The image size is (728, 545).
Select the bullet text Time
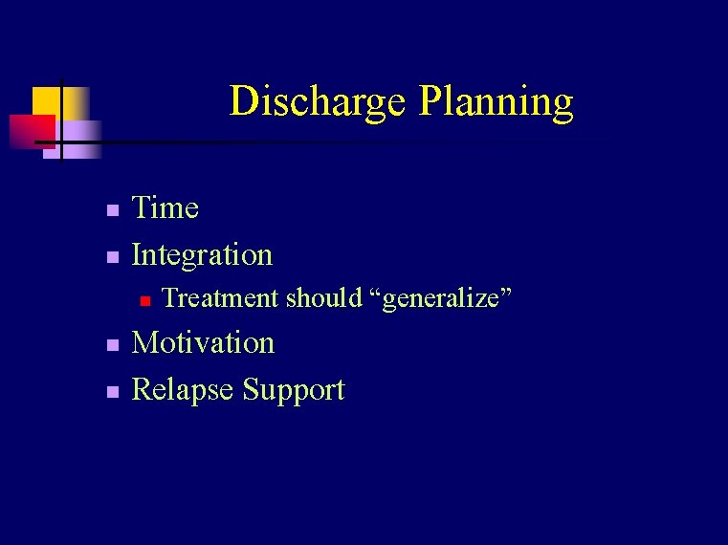pyautogui.click(x=165, y=207)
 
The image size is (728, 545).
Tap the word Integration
pyautogui.click(x=202, y=255)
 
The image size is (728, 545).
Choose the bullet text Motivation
pyautogui.click(x=203, y=343)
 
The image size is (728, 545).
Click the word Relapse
pyautogui.click(x=183, y=390)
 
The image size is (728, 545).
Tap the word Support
pyautogui.click(x=294, y=390)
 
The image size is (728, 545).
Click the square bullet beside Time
pyautogui.click(x=112, y=209)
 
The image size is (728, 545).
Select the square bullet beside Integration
pyautogui.click(x=112, y=257)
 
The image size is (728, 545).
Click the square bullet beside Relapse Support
pyautogui.click(x=112, y=392)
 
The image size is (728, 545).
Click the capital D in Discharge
pyautogui.click(x=244, y=101)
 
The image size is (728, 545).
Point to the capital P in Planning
pyautogui.click(x=430, y=101)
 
